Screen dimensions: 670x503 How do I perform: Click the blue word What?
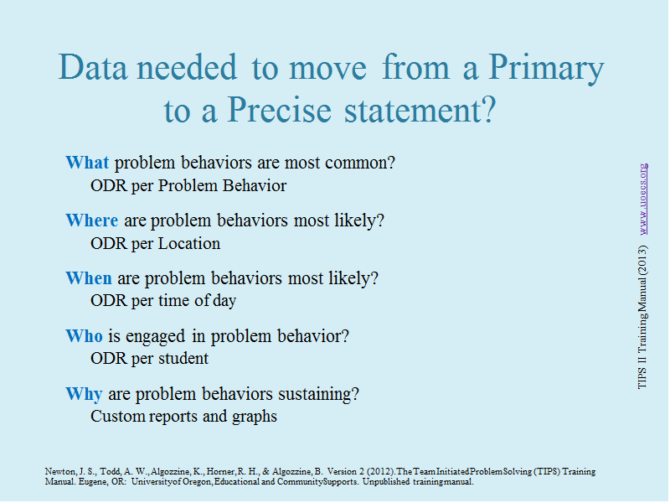tap(87, 163)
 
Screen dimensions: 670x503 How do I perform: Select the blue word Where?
tap(92, 220)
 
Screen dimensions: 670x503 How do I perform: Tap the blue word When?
tap(89, 278)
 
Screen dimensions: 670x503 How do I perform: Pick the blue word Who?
tap(85, 336)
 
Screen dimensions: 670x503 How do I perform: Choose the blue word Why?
tap(84, 394)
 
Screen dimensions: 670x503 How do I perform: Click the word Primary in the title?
tap(546, 69)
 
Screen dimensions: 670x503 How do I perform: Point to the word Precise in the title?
tap(280, 110)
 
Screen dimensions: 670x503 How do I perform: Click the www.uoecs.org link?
tap(643, 199)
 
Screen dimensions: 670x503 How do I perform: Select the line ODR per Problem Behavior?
tap(188, 185)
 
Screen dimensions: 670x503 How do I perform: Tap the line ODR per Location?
tap(156, 243)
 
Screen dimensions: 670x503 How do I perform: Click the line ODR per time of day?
tap(163, 301)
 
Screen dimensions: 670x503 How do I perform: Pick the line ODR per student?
tap(150, 359)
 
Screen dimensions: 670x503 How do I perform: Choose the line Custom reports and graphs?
tap(183, 416)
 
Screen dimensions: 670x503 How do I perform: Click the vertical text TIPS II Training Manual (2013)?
tap(642, 317)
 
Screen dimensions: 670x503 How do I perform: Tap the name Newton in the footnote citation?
tap(60, 471)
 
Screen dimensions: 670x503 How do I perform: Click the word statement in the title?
tap(414, 110)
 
